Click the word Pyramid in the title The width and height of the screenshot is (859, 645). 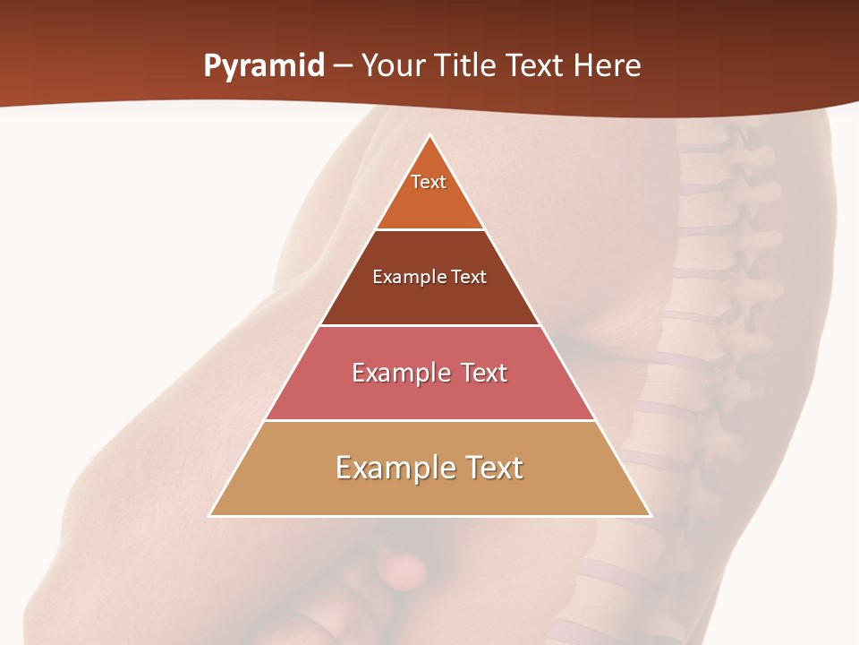coord(264,66)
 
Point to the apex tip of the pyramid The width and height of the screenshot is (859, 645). coord(430,136)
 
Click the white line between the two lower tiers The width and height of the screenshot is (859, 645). coord(429,420)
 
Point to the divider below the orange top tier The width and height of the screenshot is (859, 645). coord(429,229)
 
